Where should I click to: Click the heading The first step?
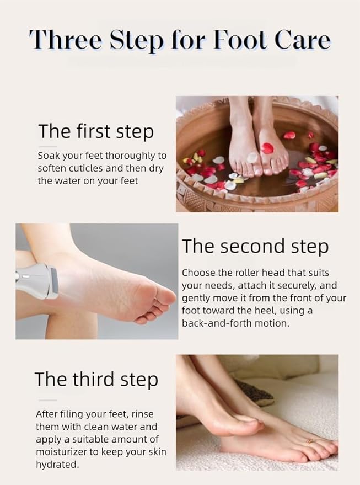pyautogui.click(x=96, y=131)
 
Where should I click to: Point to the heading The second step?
pyautogui.click(x=255, y=246)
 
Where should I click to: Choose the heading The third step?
pyautogui.click(x=96, y=379)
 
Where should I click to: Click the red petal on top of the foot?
pyautogui.click(x=267, y=148)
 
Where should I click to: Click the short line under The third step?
pyautogui.click(x=47, y=400)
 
